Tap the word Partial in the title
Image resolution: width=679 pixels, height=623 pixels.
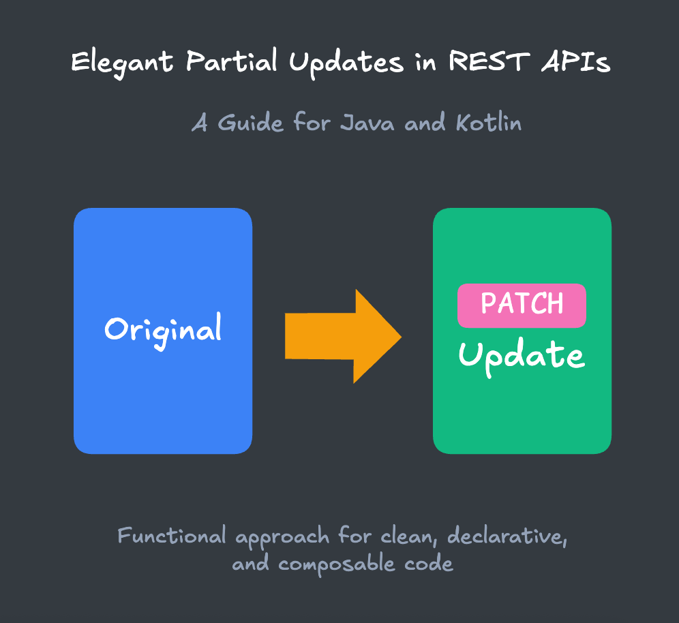coord(231,63)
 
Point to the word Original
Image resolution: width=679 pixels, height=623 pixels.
coord(163,330)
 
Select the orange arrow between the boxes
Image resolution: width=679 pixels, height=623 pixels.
coord(341,336)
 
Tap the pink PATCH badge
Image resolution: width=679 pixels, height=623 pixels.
coord(522,305)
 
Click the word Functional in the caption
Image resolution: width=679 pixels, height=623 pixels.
coord(172,536)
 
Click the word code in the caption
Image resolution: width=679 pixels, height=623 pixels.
coord(428,564)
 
